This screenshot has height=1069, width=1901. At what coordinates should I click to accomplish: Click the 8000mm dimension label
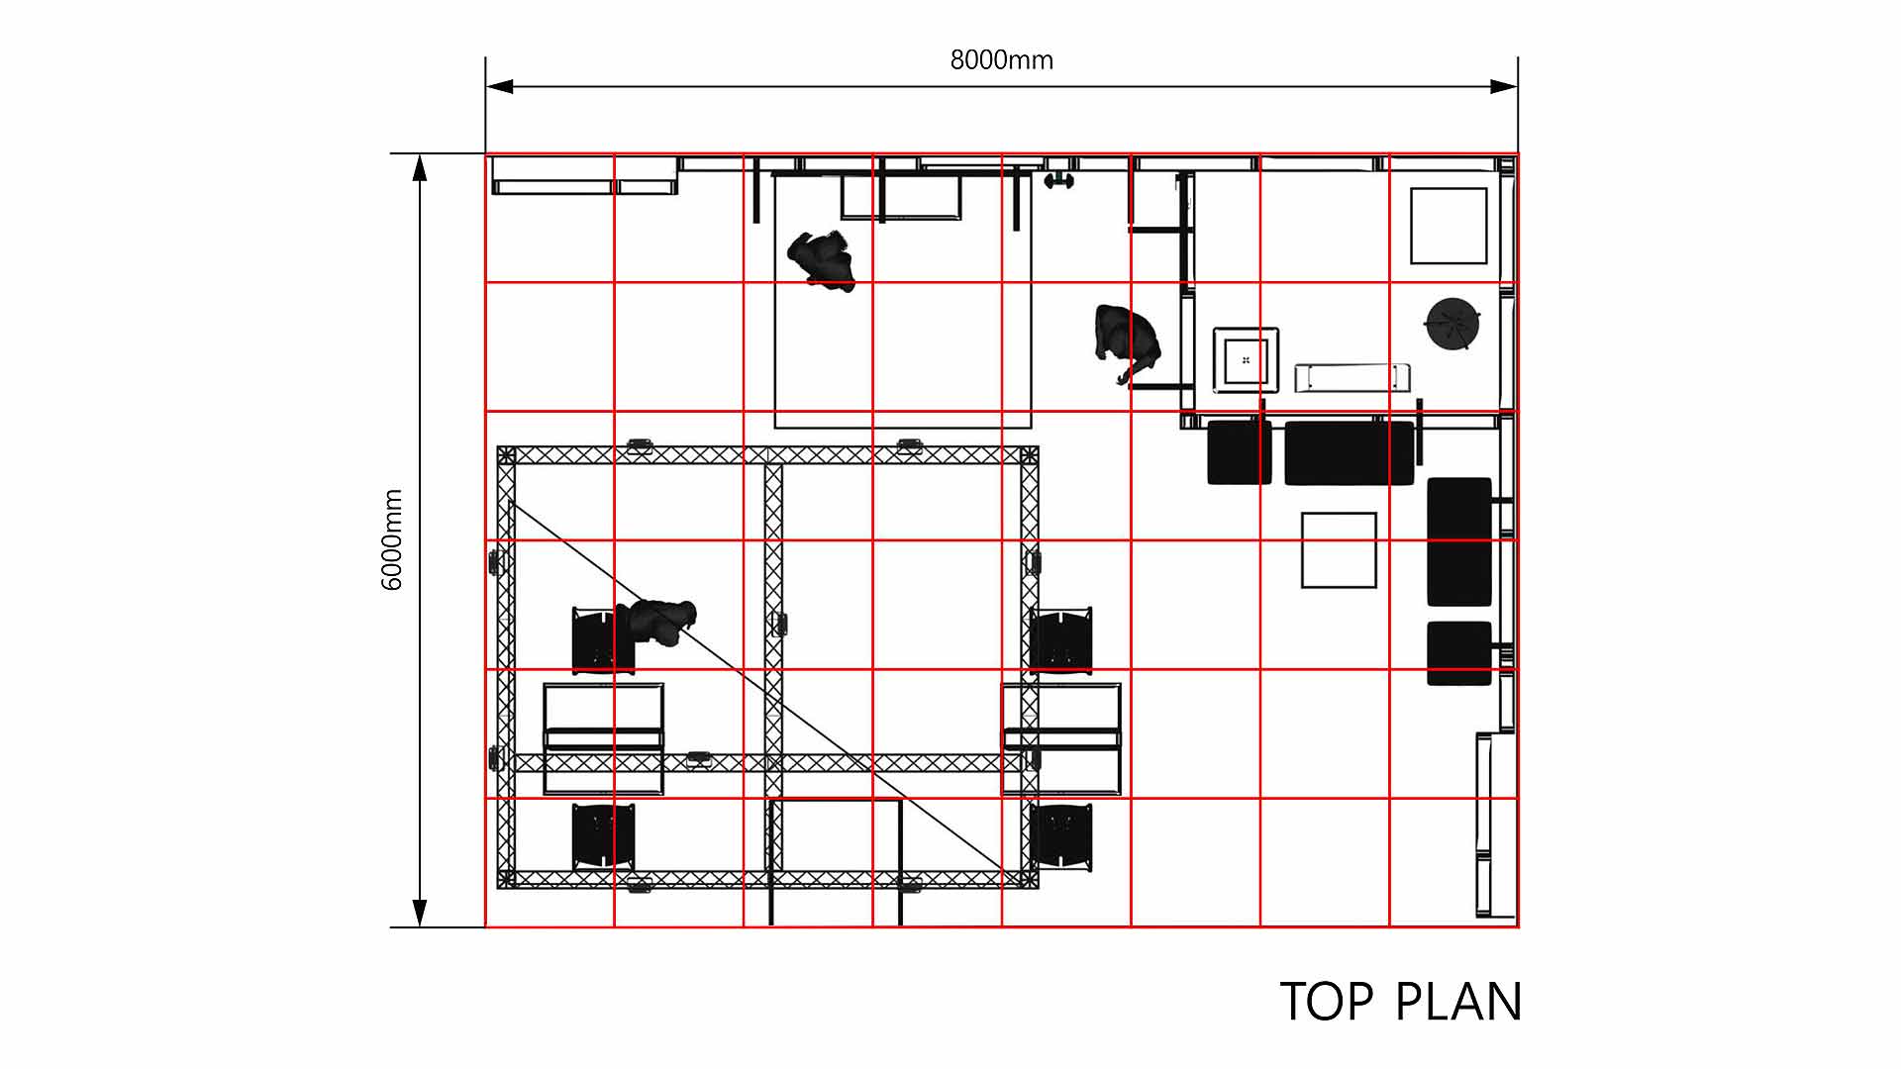[x=1001, y=60]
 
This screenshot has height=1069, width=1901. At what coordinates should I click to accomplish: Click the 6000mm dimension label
[x=392, y=539]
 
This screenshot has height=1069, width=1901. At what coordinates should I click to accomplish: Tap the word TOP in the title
[x=1327, y=1002]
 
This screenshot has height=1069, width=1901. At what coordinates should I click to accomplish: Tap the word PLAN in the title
[x=1458, y=1002]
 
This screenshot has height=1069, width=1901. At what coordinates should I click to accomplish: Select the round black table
[x=1452, y=323]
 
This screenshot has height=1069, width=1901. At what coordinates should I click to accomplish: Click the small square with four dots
[x=1246, y=359]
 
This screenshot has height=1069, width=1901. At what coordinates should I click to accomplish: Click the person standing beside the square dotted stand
[x=1127, y=343]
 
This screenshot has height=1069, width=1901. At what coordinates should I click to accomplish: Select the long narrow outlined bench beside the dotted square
[x=1352, y=377]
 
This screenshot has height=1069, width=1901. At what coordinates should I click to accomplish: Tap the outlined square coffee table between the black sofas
[x=1339, y=549]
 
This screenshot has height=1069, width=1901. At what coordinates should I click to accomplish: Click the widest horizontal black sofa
[x=1350, y=452]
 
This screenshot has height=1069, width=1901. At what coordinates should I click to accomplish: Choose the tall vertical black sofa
[x=1459, y=541]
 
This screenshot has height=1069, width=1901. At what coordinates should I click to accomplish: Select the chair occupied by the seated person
[x=603, y=640]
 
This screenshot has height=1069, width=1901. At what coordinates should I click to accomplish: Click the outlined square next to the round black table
[x=1449, y=226]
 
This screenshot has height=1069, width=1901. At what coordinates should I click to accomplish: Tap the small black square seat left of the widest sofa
[x=1240, y=452]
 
